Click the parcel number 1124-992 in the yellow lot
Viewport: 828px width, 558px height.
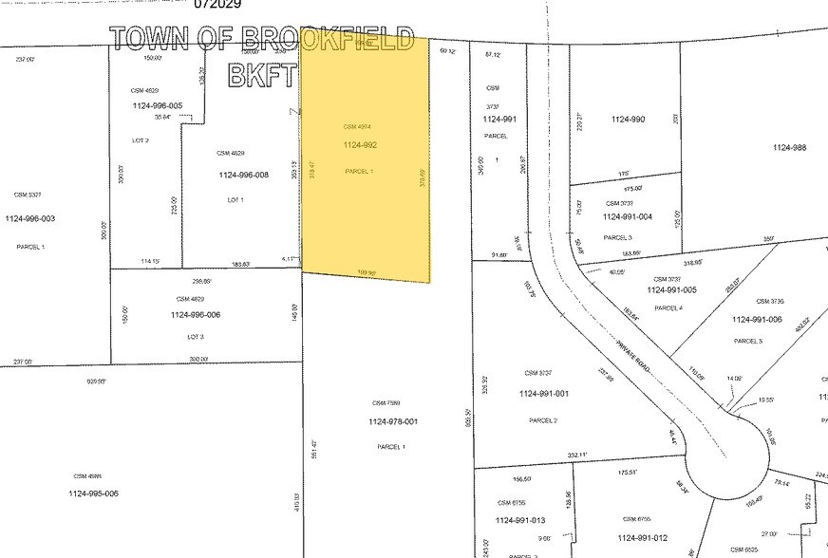click(x=360, y=145)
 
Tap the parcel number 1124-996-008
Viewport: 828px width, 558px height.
click(x=244, y=175)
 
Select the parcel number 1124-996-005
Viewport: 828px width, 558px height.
click(x=157, y=105)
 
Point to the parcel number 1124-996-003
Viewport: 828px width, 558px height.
click(x=30, y=219)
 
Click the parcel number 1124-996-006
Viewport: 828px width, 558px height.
click(x=196, y=315)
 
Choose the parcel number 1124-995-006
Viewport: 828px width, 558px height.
click(x=93, y=493)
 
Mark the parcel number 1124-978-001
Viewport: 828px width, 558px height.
click(x=391, y=421)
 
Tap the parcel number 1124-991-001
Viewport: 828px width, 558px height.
click(x=544, y=393)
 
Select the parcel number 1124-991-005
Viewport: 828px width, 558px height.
click(x=671, y=290)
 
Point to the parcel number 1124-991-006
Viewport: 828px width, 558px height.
click(x=757, y=319)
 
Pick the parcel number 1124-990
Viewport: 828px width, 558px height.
click(x=628, y=120)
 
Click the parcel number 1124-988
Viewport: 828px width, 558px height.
click(x=789, y=147)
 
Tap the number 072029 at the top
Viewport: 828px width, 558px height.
click(x=217, y=5)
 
